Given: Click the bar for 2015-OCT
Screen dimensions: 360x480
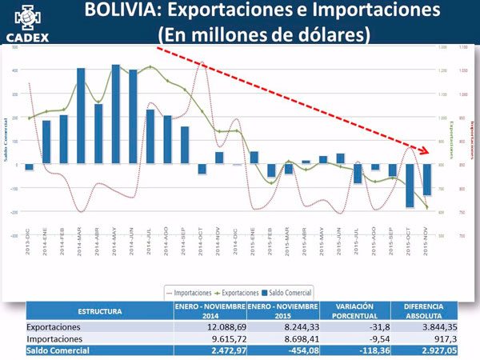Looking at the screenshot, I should [x=410, y=186].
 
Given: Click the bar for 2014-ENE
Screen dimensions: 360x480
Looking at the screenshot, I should [x=46, y=142].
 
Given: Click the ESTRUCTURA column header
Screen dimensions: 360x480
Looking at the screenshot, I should [x=99, y=310].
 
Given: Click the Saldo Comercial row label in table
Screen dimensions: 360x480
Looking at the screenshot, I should [x=60, y=350].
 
